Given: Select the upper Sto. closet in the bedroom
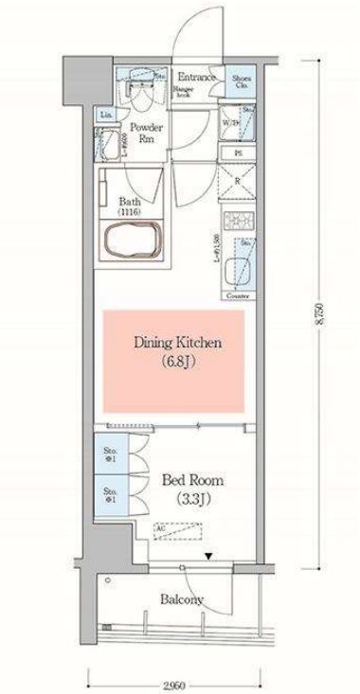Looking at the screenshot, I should pyautogui.click(x=110, y=455).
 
